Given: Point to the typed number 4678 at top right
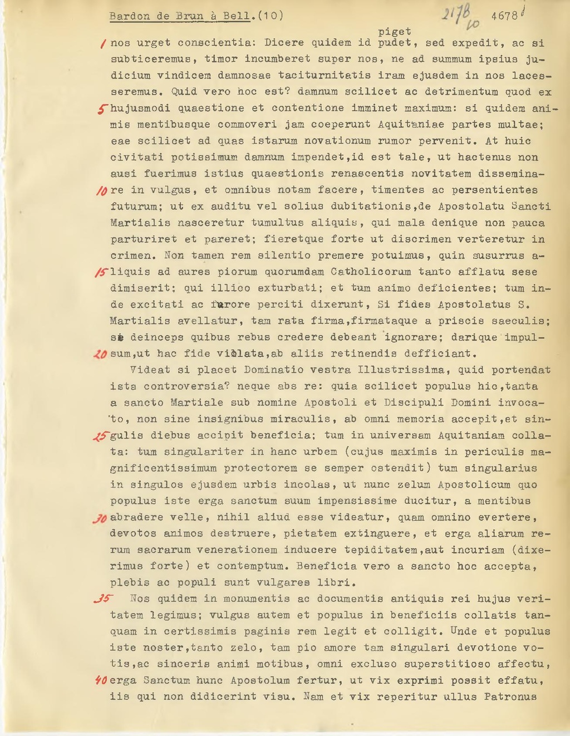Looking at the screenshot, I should click(504, 16).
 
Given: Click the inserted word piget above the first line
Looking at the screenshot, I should click(394, 32).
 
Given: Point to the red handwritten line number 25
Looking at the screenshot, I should click(101, 436).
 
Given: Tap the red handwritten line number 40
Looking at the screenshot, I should click(101, 680).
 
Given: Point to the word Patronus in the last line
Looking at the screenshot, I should click(510, 696).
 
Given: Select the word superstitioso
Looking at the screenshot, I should click(448, 664).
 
